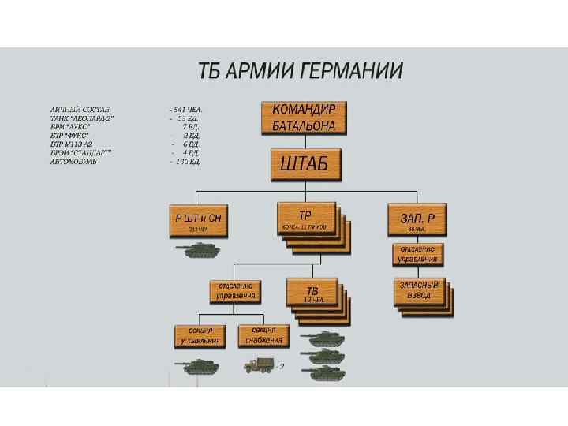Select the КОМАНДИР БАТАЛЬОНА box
305,118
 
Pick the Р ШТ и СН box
199,220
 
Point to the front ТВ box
313,290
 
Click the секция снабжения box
262,335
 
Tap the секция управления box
198,335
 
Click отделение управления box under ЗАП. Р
417,254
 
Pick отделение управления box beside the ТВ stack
234,290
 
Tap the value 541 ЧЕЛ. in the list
188,110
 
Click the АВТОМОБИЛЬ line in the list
74,162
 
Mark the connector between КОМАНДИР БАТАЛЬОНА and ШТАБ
305,141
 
